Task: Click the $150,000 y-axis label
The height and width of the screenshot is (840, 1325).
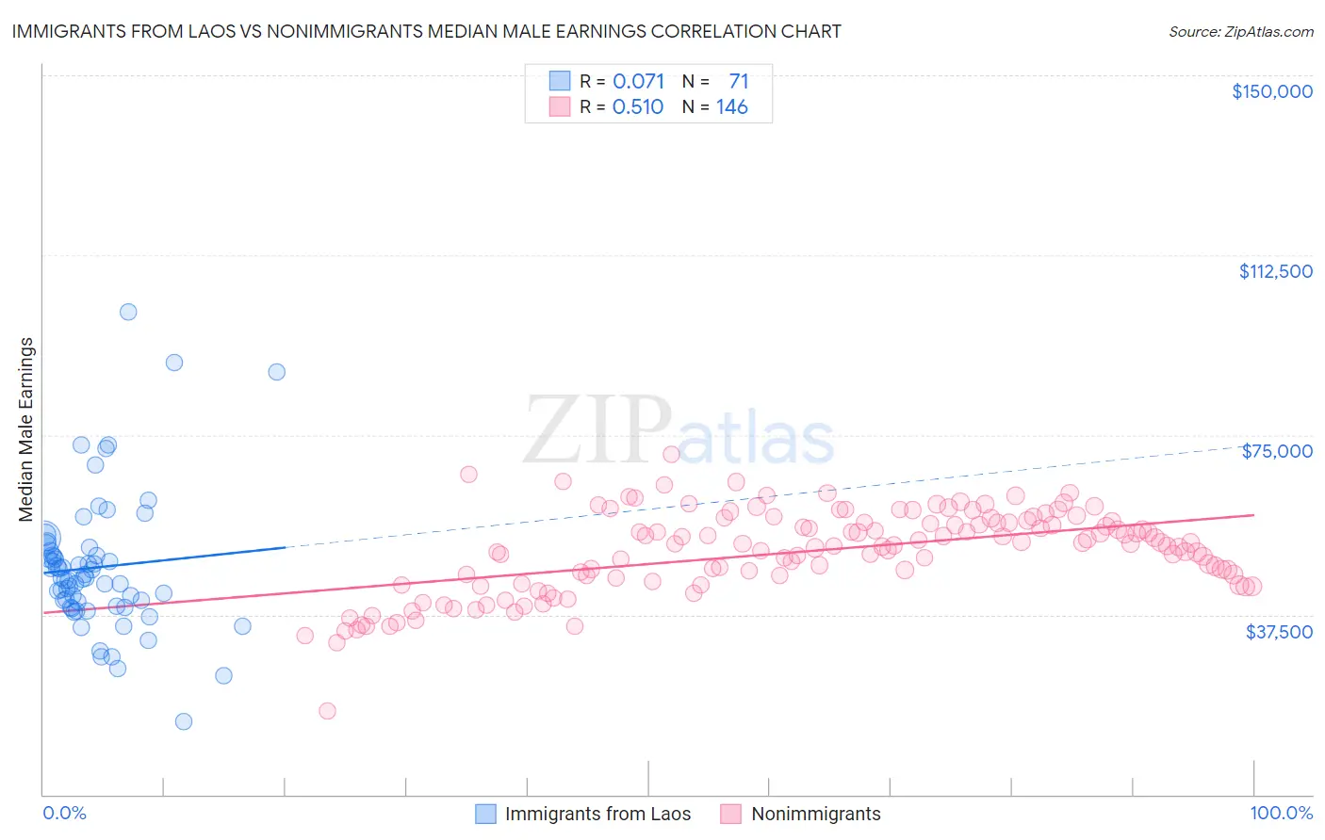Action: coord(1271,91)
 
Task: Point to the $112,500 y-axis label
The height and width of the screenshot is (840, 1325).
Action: coord(1275,271)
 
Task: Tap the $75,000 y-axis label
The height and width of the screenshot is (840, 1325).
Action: coord(1277,451)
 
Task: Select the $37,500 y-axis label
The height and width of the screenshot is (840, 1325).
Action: coord(1279,632)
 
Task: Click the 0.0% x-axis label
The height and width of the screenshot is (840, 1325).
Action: coord(64,813)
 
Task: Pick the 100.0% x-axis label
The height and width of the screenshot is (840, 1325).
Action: coord(1281,813)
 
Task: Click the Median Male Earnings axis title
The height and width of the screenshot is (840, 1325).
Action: coord(26,428)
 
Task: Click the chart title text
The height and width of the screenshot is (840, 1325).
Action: coord(426,31)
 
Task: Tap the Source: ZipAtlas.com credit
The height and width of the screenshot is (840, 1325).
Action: coord(1240,31)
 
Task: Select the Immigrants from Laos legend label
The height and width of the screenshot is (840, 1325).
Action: coord(597,814)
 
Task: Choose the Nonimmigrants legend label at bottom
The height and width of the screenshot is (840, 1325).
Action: coord(815,814)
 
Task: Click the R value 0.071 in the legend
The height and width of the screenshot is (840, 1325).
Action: coord(638,82)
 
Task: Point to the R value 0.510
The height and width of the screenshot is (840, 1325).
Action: coord(638,107)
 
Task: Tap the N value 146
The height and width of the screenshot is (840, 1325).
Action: coord(731,107)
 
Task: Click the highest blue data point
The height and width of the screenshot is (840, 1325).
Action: coord(128,312)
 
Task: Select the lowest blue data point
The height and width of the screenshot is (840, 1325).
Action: coord(184,721)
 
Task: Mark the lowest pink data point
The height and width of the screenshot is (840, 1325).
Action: coord(327,711)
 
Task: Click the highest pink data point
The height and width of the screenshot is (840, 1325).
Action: coord(671,454)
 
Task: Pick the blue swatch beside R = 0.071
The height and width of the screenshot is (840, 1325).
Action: coord(560,82)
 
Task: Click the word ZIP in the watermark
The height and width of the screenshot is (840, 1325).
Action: coord(597,430)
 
